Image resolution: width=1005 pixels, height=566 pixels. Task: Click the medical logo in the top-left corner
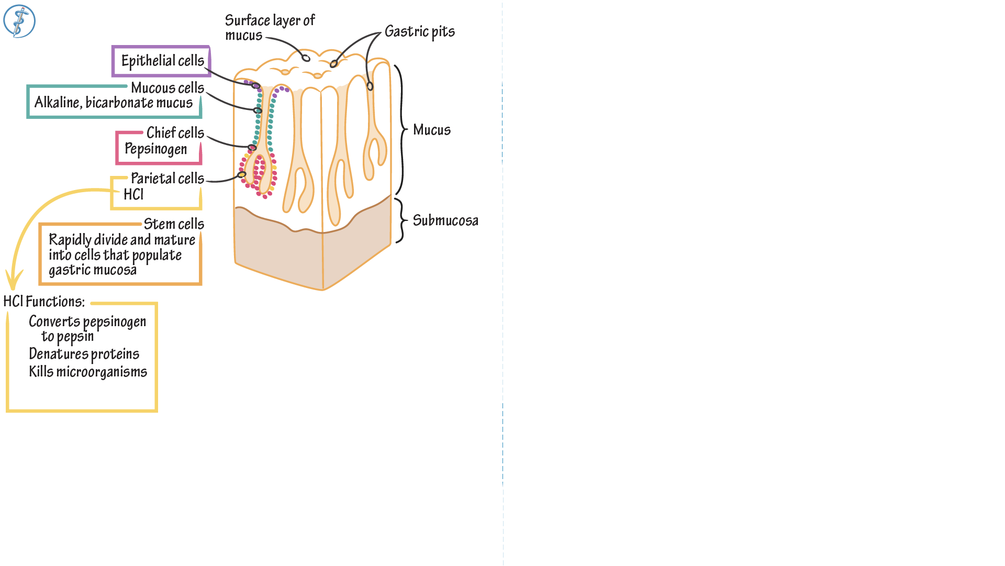click(x=19, y=21)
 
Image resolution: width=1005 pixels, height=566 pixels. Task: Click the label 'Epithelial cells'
click(x=162, y=61)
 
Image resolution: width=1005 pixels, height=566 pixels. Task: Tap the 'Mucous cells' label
click(x=167, y=88)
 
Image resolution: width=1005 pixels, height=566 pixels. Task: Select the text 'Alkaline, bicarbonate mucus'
click(x=114, y=103)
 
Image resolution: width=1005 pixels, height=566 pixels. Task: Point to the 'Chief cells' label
click(x=175, y=133)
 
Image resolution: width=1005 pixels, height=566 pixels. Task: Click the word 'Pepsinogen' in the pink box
click(x=155, y=149)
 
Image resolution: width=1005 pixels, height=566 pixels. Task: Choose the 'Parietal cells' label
click(x=167, y=179)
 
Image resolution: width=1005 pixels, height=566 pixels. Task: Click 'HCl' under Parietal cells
click(x=133, y=195)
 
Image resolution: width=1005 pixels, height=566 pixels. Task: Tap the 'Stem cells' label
click(x=174, y=224)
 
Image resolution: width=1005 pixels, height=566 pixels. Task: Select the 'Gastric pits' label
click(x=419, y=32)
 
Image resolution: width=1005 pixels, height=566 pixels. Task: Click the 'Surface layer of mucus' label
click(x=269, y=28)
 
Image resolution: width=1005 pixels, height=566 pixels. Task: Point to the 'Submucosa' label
click(x=445, y=220)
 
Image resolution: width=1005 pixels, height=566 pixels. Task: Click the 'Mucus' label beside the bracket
click(x=432, y=130)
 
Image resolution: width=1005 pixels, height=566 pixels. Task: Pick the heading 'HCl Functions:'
click(x=44, y=302)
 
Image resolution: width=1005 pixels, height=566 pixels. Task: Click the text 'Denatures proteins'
click(x=84, y=354)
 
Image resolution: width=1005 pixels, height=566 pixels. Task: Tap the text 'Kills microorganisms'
click(x=88, y=372)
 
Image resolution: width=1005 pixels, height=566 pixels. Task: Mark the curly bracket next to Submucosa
click(x=401, y=220)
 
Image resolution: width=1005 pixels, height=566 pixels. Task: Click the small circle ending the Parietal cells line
click(x=242, y=174)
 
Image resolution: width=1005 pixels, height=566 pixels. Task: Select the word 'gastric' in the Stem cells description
click(x=65, y=270)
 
